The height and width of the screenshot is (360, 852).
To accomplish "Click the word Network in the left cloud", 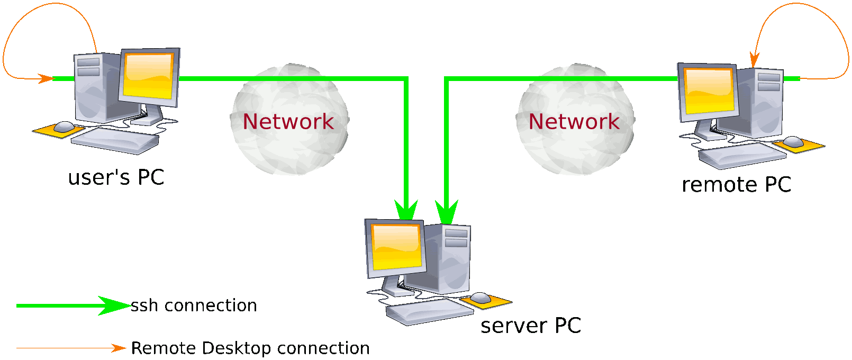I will click(x=288, y=122).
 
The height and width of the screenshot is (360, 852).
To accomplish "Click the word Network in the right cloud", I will click(x=574, y=122).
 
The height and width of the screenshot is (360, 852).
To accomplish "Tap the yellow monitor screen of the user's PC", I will click(x=149, y=75).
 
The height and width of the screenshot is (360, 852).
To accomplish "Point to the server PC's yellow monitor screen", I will click(x=396, y=247).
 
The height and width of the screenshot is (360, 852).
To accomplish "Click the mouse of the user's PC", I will click(x=64, y=127).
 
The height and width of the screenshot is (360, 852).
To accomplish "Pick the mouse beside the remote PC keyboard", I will click(x=793, y=142).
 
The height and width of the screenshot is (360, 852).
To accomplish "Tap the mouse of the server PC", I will click(x=481, y=298).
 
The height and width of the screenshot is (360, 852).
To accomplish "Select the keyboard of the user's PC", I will click(x=115, y=140).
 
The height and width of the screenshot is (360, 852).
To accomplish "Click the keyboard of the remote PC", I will click(x=742, y=155).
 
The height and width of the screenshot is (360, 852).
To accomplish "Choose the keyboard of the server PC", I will click(x=430, y=311).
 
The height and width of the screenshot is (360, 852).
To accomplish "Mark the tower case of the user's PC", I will click(x=95, y=87).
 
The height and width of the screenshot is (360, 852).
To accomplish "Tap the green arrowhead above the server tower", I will click(x=446, y=211).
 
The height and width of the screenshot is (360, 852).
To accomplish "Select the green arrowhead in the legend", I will click(x=114, y=305).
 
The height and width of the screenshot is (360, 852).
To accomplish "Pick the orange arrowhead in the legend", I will click(x=119, y=348).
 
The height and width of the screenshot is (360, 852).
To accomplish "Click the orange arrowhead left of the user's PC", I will click(x=46, y=79).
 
